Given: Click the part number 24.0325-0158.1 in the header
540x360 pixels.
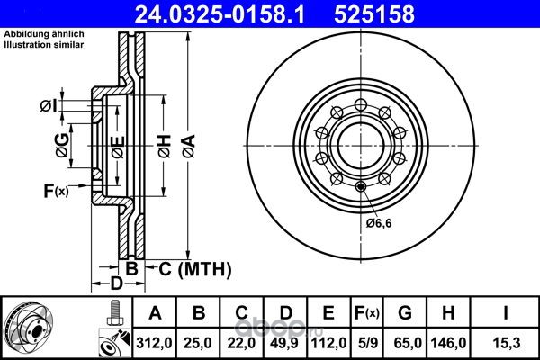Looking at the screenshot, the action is click(x=220, y=14).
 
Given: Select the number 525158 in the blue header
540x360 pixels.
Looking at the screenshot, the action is click(x=374, y=14).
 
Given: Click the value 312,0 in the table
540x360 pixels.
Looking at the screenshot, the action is click(x=154, y=343).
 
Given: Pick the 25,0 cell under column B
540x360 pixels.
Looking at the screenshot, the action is click(x=198, y=343).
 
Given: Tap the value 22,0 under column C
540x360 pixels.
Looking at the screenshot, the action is click(x=241, y=343).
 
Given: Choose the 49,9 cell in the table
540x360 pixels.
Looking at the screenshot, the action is click(x=285, y=343).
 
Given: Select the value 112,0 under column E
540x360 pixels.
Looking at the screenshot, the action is click(x=328, y=343).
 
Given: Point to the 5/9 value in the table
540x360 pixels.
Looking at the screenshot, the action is click(x=368, y=343).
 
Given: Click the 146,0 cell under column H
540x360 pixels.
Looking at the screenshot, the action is click(x=448, y=343).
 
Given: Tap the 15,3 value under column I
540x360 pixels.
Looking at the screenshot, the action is click(x=506, y=343).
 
